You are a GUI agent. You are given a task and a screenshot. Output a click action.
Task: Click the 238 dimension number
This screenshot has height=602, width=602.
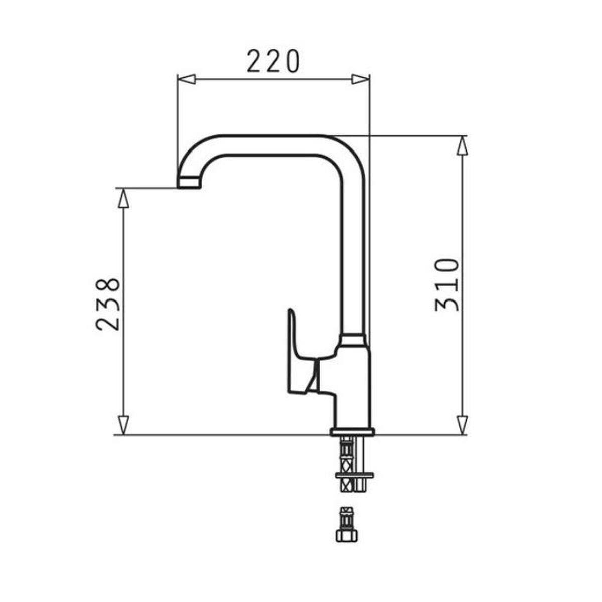(108, 304)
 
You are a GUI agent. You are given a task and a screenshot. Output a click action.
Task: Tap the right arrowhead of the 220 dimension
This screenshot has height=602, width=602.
(360, 79)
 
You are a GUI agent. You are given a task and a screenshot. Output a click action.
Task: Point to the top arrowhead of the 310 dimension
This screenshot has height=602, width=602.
(462, 147)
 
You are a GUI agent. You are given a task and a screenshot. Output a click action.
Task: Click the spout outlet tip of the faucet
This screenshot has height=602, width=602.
(189, 183)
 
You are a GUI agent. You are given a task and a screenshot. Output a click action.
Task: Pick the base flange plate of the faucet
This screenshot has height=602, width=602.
(352, 431)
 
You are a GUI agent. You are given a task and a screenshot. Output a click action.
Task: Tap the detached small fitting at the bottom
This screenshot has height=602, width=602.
(346, 524)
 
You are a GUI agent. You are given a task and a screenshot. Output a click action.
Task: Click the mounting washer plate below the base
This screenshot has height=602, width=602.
(354, 475)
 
